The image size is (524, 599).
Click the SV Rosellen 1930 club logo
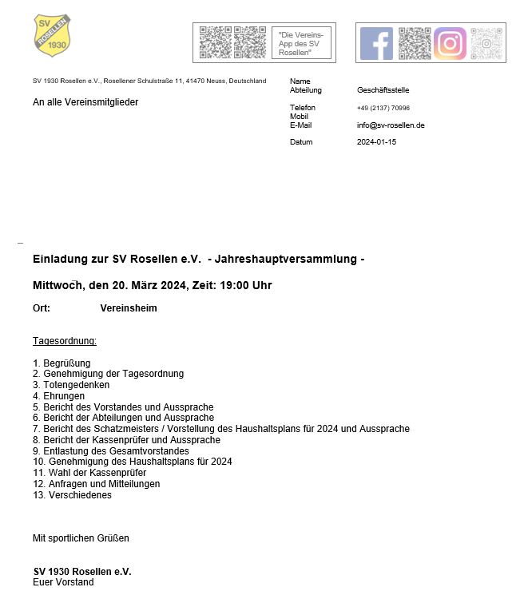tap(53, 35)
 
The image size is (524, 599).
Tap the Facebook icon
tap(376, 44)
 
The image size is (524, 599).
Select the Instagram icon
tap(450, 44)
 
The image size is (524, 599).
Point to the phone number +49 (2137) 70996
tap(383, 108)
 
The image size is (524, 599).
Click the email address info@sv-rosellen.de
tap(391, 125)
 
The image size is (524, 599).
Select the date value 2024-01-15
tap(376, 142)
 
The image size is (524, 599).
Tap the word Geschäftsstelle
tap(383, 90)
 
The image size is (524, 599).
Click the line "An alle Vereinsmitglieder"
tap(85, 102)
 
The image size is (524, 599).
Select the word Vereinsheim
tap(129, 308)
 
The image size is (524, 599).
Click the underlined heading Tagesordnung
tap(65, 341)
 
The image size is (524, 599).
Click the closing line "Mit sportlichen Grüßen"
tap(81, 538)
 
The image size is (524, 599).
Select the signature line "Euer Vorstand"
tap(63, 583)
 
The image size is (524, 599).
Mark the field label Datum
tap(301, 142)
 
